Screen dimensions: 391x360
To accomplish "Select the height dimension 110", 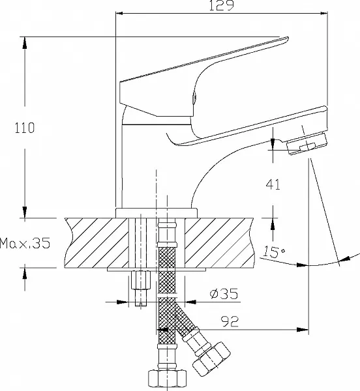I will [26, 127].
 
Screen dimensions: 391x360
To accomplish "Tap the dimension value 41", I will [273, 184].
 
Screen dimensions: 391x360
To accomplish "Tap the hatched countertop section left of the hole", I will [98, 242].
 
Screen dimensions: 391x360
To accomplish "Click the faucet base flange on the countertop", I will [157, 212].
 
